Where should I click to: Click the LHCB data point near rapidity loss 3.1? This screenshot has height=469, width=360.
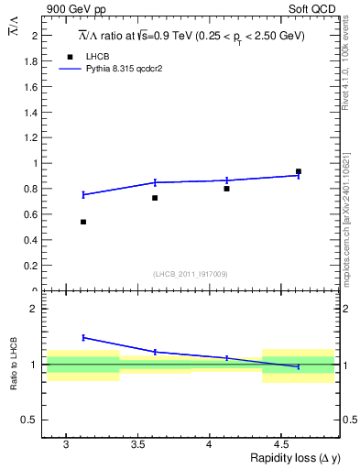pyautogui.click(x=83, y=222)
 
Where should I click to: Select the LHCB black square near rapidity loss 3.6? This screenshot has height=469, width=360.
pyautogui.click(x=155, y=198)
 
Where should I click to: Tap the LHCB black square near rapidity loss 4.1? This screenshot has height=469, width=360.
pyautogui.click(x=226, y=189)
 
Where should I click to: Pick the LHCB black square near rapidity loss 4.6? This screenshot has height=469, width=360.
pyautogui.click(x=299, y=171)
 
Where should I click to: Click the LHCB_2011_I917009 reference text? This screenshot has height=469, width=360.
pyautogui.click(x=190, y=274)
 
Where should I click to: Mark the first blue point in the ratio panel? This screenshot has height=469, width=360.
pyautogui.click(x=83, y=337)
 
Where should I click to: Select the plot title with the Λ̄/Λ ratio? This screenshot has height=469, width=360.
pyautogui.click(x=190, y=36)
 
